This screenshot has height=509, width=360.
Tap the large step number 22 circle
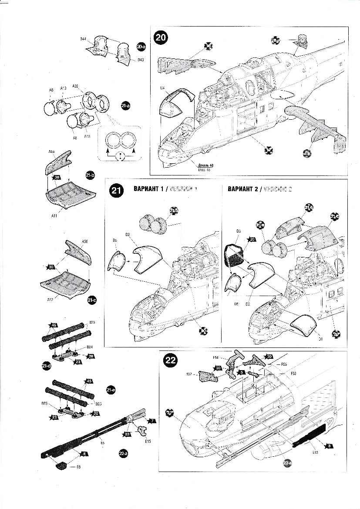pyautogui.click(x=170, y=361)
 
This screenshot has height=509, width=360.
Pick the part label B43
pyautogui.click(x=141, y=60)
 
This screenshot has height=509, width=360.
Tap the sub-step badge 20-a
pyautogui.click(x=141, y=46)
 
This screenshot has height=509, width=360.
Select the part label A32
pyautogui.click(x=75, y=86)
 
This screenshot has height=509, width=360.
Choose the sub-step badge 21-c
pyautogui.click(x=91, y=300)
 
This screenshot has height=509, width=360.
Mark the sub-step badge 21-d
pyautogui.click(x=47, y=366)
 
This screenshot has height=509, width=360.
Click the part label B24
pyautogui.click(x=89, y=347)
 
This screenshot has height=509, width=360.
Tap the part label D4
pyautogui.click(x=162, y=88)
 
